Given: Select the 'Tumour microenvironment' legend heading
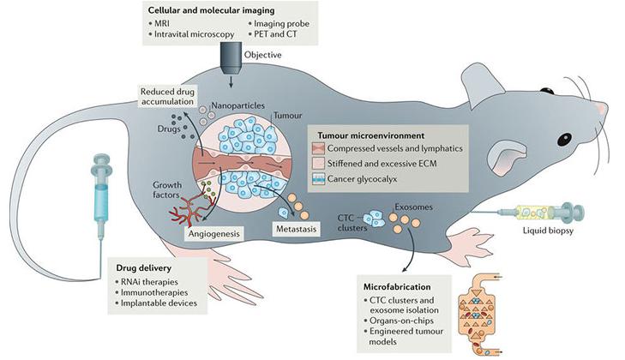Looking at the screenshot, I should coord(377,136).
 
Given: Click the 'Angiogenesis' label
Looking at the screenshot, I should coord(207,231).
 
